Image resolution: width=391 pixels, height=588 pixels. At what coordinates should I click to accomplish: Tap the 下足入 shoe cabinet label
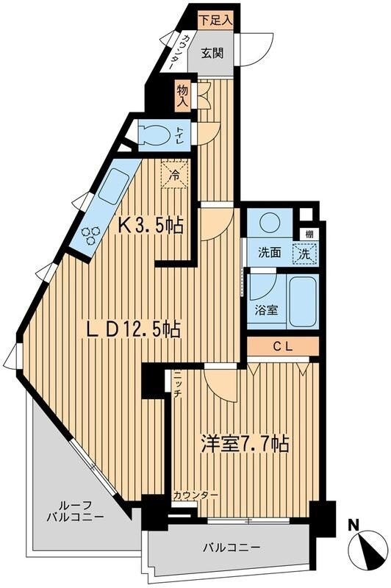pos(217,21)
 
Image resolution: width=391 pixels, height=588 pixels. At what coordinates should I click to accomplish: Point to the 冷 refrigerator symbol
pos(175,176)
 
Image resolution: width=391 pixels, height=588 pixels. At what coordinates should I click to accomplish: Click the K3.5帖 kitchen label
pos(151,225)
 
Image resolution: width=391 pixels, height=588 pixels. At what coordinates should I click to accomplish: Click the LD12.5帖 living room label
pos(132,330)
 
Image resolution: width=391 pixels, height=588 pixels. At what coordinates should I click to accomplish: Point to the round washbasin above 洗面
pos(269,223)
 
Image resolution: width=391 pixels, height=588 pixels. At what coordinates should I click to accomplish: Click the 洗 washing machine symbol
pos(302,253)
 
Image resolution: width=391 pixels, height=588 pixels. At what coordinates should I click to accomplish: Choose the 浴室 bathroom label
pos(266,309)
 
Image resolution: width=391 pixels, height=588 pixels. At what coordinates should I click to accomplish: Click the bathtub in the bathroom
pos(303,301)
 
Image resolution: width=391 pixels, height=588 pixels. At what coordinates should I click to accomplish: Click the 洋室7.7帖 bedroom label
pos(244,444)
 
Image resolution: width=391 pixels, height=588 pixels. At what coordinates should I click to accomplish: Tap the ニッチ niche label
pos(178,387)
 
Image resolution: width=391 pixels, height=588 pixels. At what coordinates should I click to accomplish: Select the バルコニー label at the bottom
pos(232,548)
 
